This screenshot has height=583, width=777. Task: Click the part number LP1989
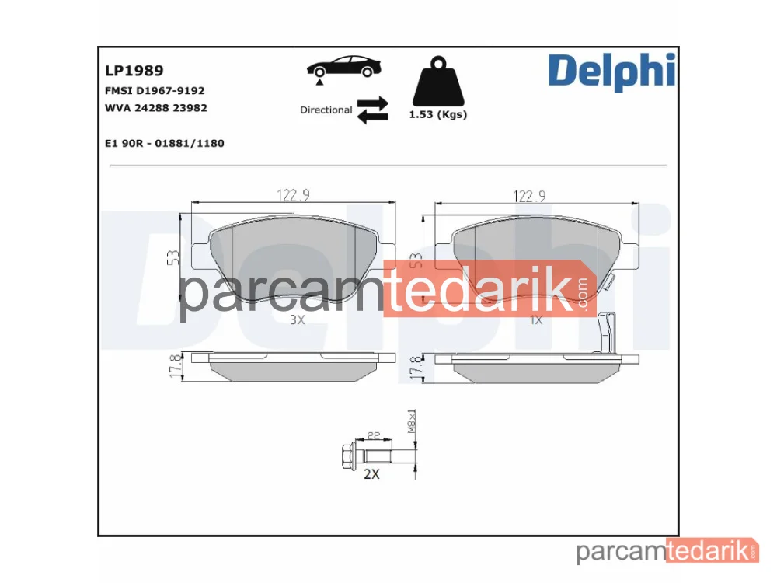click(134, 71)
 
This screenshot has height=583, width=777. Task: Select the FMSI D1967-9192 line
click(155, 91)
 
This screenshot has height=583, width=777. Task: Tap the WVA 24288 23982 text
click(156, 108)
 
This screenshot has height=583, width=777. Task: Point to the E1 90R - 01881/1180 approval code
click(165, 143)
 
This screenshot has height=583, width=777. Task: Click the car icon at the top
click(343, 69)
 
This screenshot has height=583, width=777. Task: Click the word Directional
click(326, 110)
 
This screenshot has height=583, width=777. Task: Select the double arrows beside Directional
click(373, 110)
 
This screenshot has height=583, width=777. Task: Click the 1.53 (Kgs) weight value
click(438, 114)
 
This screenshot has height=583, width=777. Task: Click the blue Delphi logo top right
click(611, 72)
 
